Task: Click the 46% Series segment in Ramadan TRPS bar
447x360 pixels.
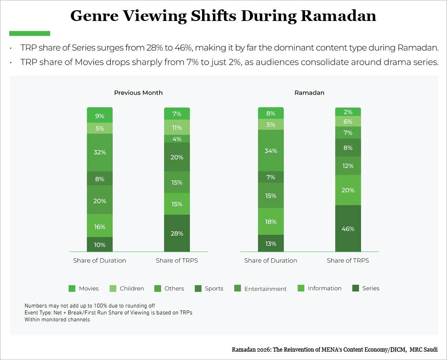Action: point(348,228)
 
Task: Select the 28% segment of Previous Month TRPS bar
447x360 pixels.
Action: point(177,233)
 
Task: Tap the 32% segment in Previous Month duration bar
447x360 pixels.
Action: point(100,152)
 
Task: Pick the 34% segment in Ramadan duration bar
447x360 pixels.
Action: point(271,150)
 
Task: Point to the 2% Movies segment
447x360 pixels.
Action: point(348,112)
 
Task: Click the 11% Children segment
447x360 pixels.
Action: point(177,128)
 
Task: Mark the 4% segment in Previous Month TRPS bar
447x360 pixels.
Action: point(177,139)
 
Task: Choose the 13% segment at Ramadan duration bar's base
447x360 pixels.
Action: point(271,244)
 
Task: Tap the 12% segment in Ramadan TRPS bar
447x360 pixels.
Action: point(348,166)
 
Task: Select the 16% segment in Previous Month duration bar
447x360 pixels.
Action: point(100,227)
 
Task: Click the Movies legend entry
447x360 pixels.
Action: point(83,288)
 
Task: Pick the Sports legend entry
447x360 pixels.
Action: point(209,288)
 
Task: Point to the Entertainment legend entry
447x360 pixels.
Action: point(260,288)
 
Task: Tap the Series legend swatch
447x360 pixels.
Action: point(355,288)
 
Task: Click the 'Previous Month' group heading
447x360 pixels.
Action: point(138,93)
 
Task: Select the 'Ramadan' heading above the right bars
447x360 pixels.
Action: point(309,93)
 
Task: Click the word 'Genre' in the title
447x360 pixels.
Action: point(95,16)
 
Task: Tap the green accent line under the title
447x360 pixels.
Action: point(30,34)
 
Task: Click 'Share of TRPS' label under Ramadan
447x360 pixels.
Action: point(348,260)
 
